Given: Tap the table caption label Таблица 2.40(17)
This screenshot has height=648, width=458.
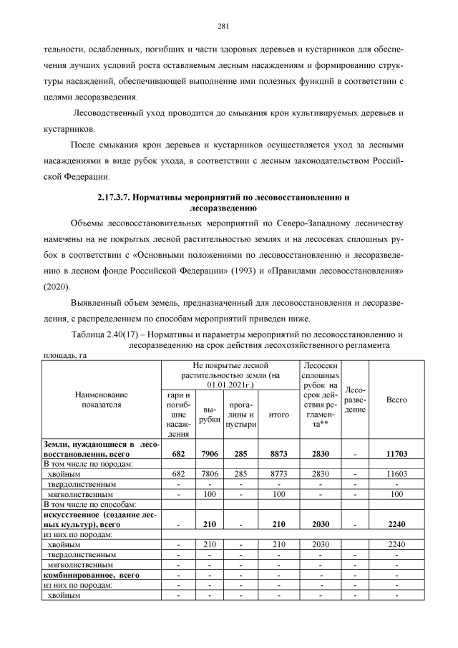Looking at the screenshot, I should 109,334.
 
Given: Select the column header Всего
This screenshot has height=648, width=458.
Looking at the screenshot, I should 396,400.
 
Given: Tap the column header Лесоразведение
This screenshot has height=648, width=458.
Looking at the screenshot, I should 356,400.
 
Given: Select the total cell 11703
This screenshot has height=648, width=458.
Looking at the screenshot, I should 396,454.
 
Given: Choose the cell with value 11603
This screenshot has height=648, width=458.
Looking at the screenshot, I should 396,474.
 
